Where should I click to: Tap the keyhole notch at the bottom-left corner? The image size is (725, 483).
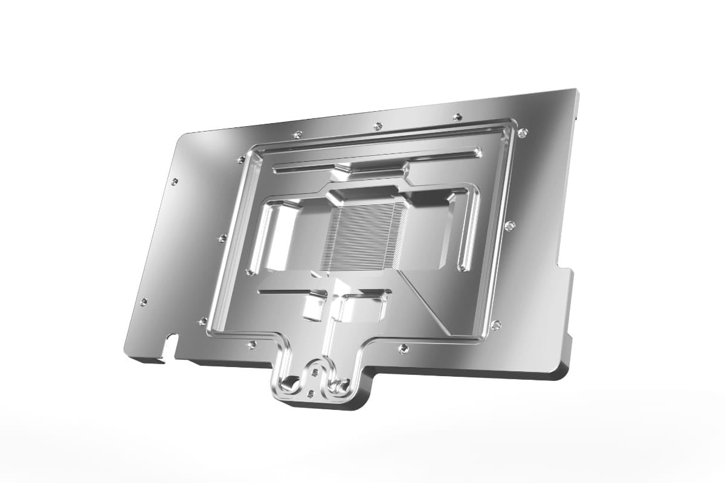click(172, 345)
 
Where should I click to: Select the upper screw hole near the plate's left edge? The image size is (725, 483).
click(175, 181)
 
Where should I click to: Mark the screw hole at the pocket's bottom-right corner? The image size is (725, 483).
click(496, 325)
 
